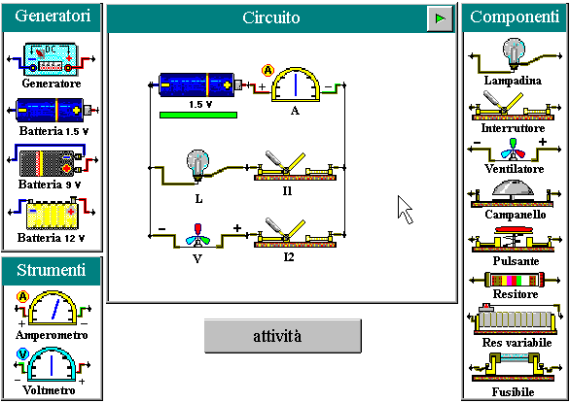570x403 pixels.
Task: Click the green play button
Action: (x=440, y=18)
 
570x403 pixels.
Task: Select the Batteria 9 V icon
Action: (x=53, y=161)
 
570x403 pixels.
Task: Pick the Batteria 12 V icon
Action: (x=53, y=214)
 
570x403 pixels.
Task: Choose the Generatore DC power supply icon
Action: (x=51, y=59)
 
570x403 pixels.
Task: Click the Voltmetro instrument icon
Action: (x=52, y=365)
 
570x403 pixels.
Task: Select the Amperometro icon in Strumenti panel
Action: (x=53, y=308)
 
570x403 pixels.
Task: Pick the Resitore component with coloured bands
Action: (x=515, y=280)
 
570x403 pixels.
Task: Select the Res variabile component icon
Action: (x=516, y=319)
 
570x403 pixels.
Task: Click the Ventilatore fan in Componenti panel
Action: (x=514, y=150)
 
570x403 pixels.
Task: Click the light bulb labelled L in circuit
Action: (x=198, y=165)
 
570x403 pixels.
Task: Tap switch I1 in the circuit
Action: (x=295, y=167)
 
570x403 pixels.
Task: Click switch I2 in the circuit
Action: (x=295, y=233)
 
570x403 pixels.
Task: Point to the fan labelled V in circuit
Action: (x=197, y=236)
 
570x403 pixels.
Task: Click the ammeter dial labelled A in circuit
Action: (x=296, y=84)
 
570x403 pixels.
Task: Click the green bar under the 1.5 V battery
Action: (x=198, y=116)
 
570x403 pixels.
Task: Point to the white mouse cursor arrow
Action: (x=405, y=209)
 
